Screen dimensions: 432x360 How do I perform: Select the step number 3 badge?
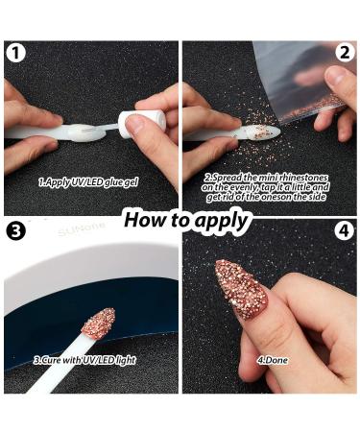[x=15, y=230]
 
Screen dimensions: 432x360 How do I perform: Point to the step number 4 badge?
[x=345, y=230]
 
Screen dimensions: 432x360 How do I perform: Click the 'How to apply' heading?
[x=186, y=219]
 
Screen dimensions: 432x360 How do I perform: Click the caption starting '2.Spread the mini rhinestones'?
[x=268, y=187]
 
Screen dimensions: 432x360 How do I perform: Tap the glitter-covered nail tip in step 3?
[x=98, y=323]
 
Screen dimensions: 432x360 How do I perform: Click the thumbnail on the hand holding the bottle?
[x=135, y=123]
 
